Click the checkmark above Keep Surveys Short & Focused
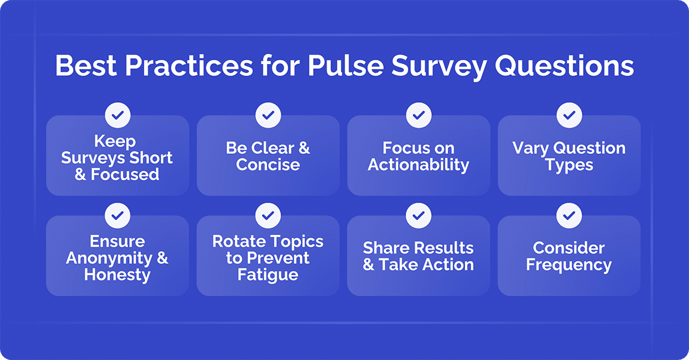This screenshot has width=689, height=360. pos(117,114)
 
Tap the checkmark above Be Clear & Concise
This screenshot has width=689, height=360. pos(268,114)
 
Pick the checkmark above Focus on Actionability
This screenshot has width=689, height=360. pos(418,114)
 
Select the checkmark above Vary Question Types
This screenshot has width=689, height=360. pos(569,114)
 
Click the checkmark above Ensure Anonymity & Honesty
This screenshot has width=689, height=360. pos(117,215)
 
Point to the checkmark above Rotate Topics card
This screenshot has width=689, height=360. pos(268,215)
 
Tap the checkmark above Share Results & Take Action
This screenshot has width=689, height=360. pos(418,215)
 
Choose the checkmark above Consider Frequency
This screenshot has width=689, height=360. pos(569,215)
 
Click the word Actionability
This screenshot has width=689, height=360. pos(418,165)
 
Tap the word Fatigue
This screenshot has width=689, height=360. pos(268,274)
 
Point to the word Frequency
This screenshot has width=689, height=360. pos(569,265)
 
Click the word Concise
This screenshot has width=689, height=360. pos(268,165)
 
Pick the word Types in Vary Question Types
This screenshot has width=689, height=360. pos(569,165)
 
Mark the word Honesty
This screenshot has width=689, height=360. pos(117,274)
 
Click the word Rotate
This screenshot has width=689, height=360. pos(237,241)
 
